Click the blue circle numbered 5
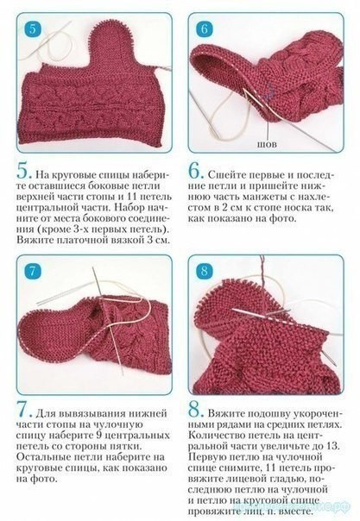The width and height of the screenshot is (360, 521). (32, 29)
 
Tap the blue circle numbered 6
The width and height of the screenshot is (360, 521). (205, 29)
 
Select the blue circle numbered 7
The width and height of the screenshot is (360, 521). (32, 272)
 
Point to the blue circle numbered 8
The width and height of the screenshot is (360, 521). (205, 272)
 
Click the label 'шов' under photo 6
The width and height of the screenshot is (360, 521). (267, 145)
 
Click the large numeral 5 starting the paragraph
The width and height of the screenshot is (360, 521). (23, 172)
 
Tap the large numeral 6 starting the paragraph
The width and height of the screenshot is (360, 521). (195, 172)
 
